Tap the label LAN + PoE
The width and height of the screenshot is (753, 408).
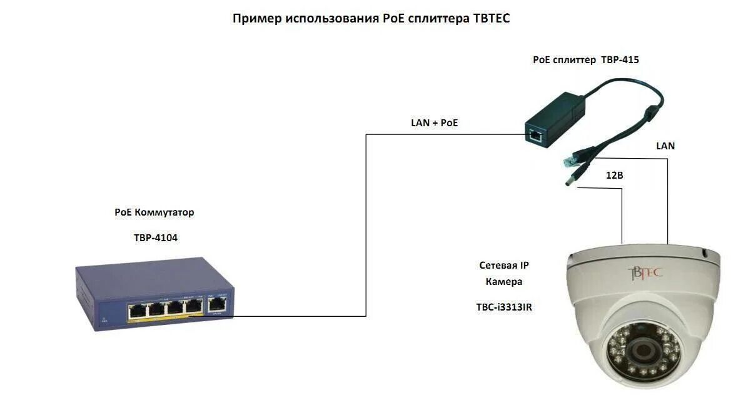point(434,123)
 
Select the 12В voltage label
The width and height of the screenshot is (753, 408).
point(614,176)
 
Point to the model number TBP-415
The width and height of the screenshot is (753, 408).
point(620,60)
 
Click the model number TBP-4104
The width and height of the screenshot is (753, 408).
point(156,237)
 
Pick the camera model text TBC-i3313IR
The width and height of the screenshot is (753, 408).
point(504,307)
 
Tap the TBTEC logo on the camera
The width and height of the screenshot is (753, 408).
point(645,273)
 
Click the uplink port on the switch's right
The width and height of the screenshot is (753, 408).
point(216,306)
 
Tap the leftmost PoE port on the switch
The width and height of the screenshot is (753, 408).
point(136,309)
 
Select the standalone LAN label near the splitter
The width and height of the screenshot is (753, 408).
point(665,146)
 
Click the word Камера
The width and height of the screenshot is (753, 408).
point(503,282)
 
